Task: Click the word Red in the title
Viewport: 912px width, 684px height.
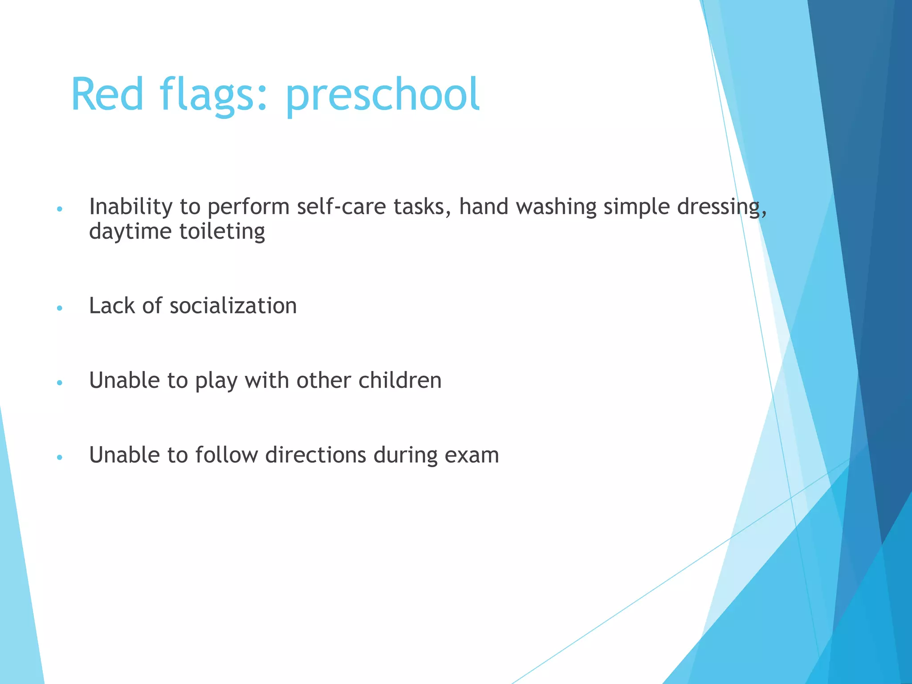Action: click(107, 95)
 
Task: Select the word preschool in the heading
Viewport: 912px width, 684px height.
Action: click(383, 95)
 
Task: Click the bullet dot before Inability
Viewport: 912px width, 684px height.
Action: click(60, 209)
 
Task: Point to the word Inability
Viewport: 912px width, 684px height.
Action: click(130, 207)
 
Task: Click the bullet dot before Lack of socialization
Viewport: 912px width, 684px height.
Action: click(60, 308)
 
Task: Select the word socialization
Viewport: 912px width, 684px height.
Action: click(233, 306)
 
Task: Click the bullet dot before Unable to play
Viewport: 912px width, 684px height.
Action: click(60, 383)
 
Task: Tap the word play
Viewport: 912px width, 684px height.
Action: click(216, 381)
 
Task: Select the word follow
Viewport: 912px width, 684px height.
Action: click(226, 456)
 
